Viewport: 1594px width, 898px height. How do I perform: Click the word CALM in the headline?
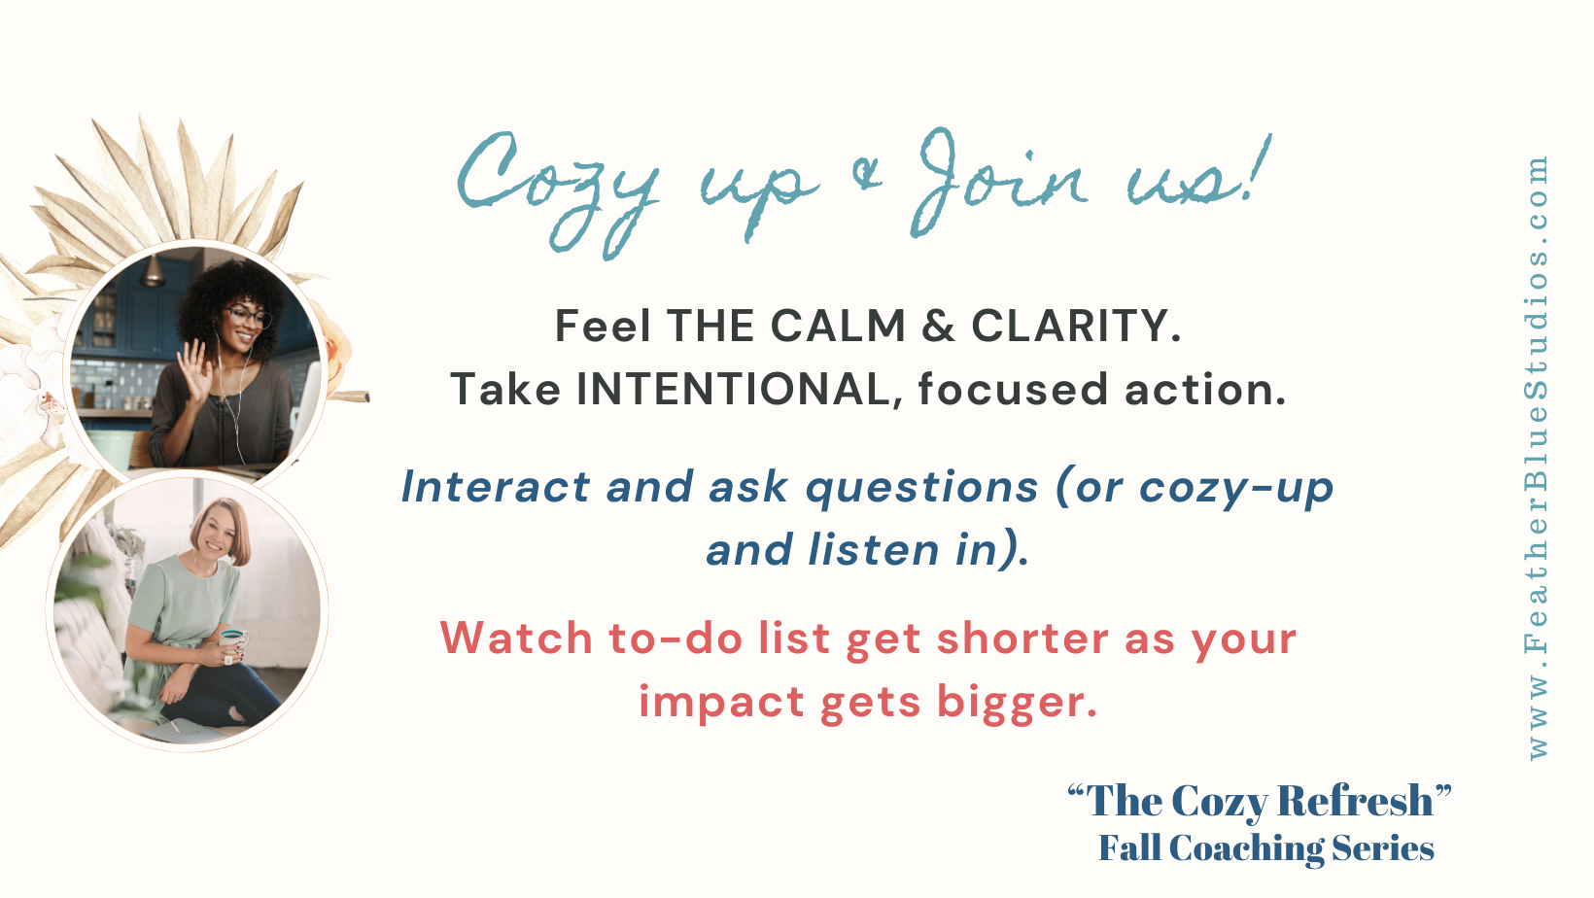point(838,327)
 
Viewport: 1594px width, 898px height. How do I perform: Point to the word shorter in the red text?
point(1022,639)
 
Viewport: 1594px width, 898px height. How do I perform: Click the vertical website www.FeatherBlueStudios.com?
point(1537,457)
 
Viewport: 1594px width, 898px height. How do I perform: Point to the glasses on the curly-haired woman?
point(247,317)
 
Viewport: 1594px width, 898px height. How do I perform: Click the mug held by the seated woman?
point(233,642)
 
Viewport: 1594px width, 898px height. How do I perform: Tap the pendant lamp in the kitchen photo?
point(153,273)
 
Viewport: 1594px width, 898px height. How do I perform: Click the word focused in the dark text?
point(1013,390)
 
